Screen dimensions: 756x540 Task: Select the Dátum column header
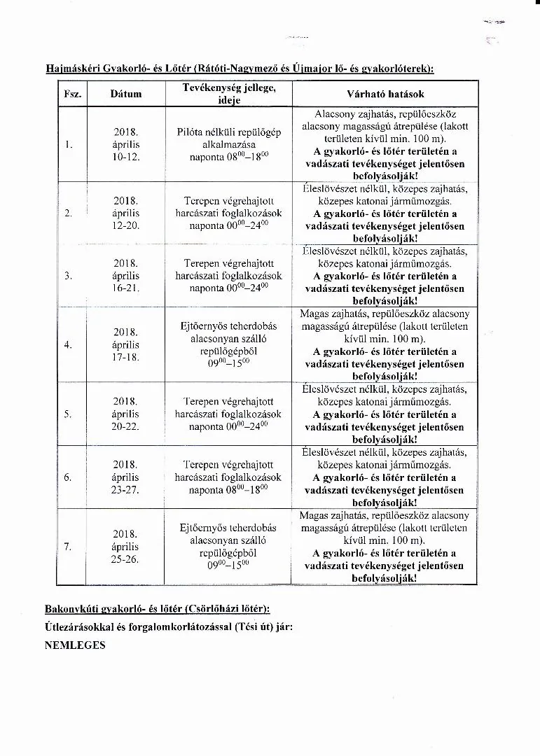tap(126, 94)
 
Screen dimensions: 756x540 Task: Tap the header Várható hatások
tap(385, 94)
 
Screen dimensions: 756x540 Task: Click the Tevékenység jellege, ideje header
tap(228, 94)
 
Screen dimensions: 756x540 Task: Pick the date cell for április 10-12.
tap(126, 144)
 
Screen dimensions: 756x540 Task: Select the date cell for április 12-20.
tap(126, 213)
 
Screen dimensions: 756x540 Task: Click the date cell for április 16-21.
tap(126, 275)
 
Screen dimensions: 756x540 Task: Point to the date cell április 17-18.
tap(126, 344)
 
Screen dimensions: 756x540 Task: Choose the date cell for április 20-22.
tap(126, 414)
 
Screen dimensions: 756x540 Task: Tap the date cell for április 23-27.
tap(126, 477)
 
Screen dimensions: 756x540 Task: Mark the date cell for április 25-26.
tap(126, 546)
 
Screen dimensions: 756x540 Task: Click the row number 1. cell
tap(69, 144)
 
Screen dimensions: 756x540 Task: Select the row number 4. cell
tap(69, 344)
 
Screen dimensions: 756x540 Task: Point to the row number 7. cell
tap(69, 546)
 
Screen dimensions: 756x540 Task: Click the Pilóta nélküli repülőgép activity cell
tap(228, 144)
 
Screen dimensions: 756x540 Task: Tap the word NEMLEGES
tap(75, 645)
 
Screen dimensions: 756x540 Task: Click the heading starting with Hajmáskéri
tap(239, 68)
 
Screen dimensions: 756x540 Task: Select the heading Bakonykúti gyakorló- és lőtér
tap(157, 609)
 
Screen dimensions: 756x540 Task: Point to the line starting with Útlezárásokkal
tap(168, 627)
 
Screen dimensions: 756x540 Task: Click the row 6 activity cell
tap(228, 477)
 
